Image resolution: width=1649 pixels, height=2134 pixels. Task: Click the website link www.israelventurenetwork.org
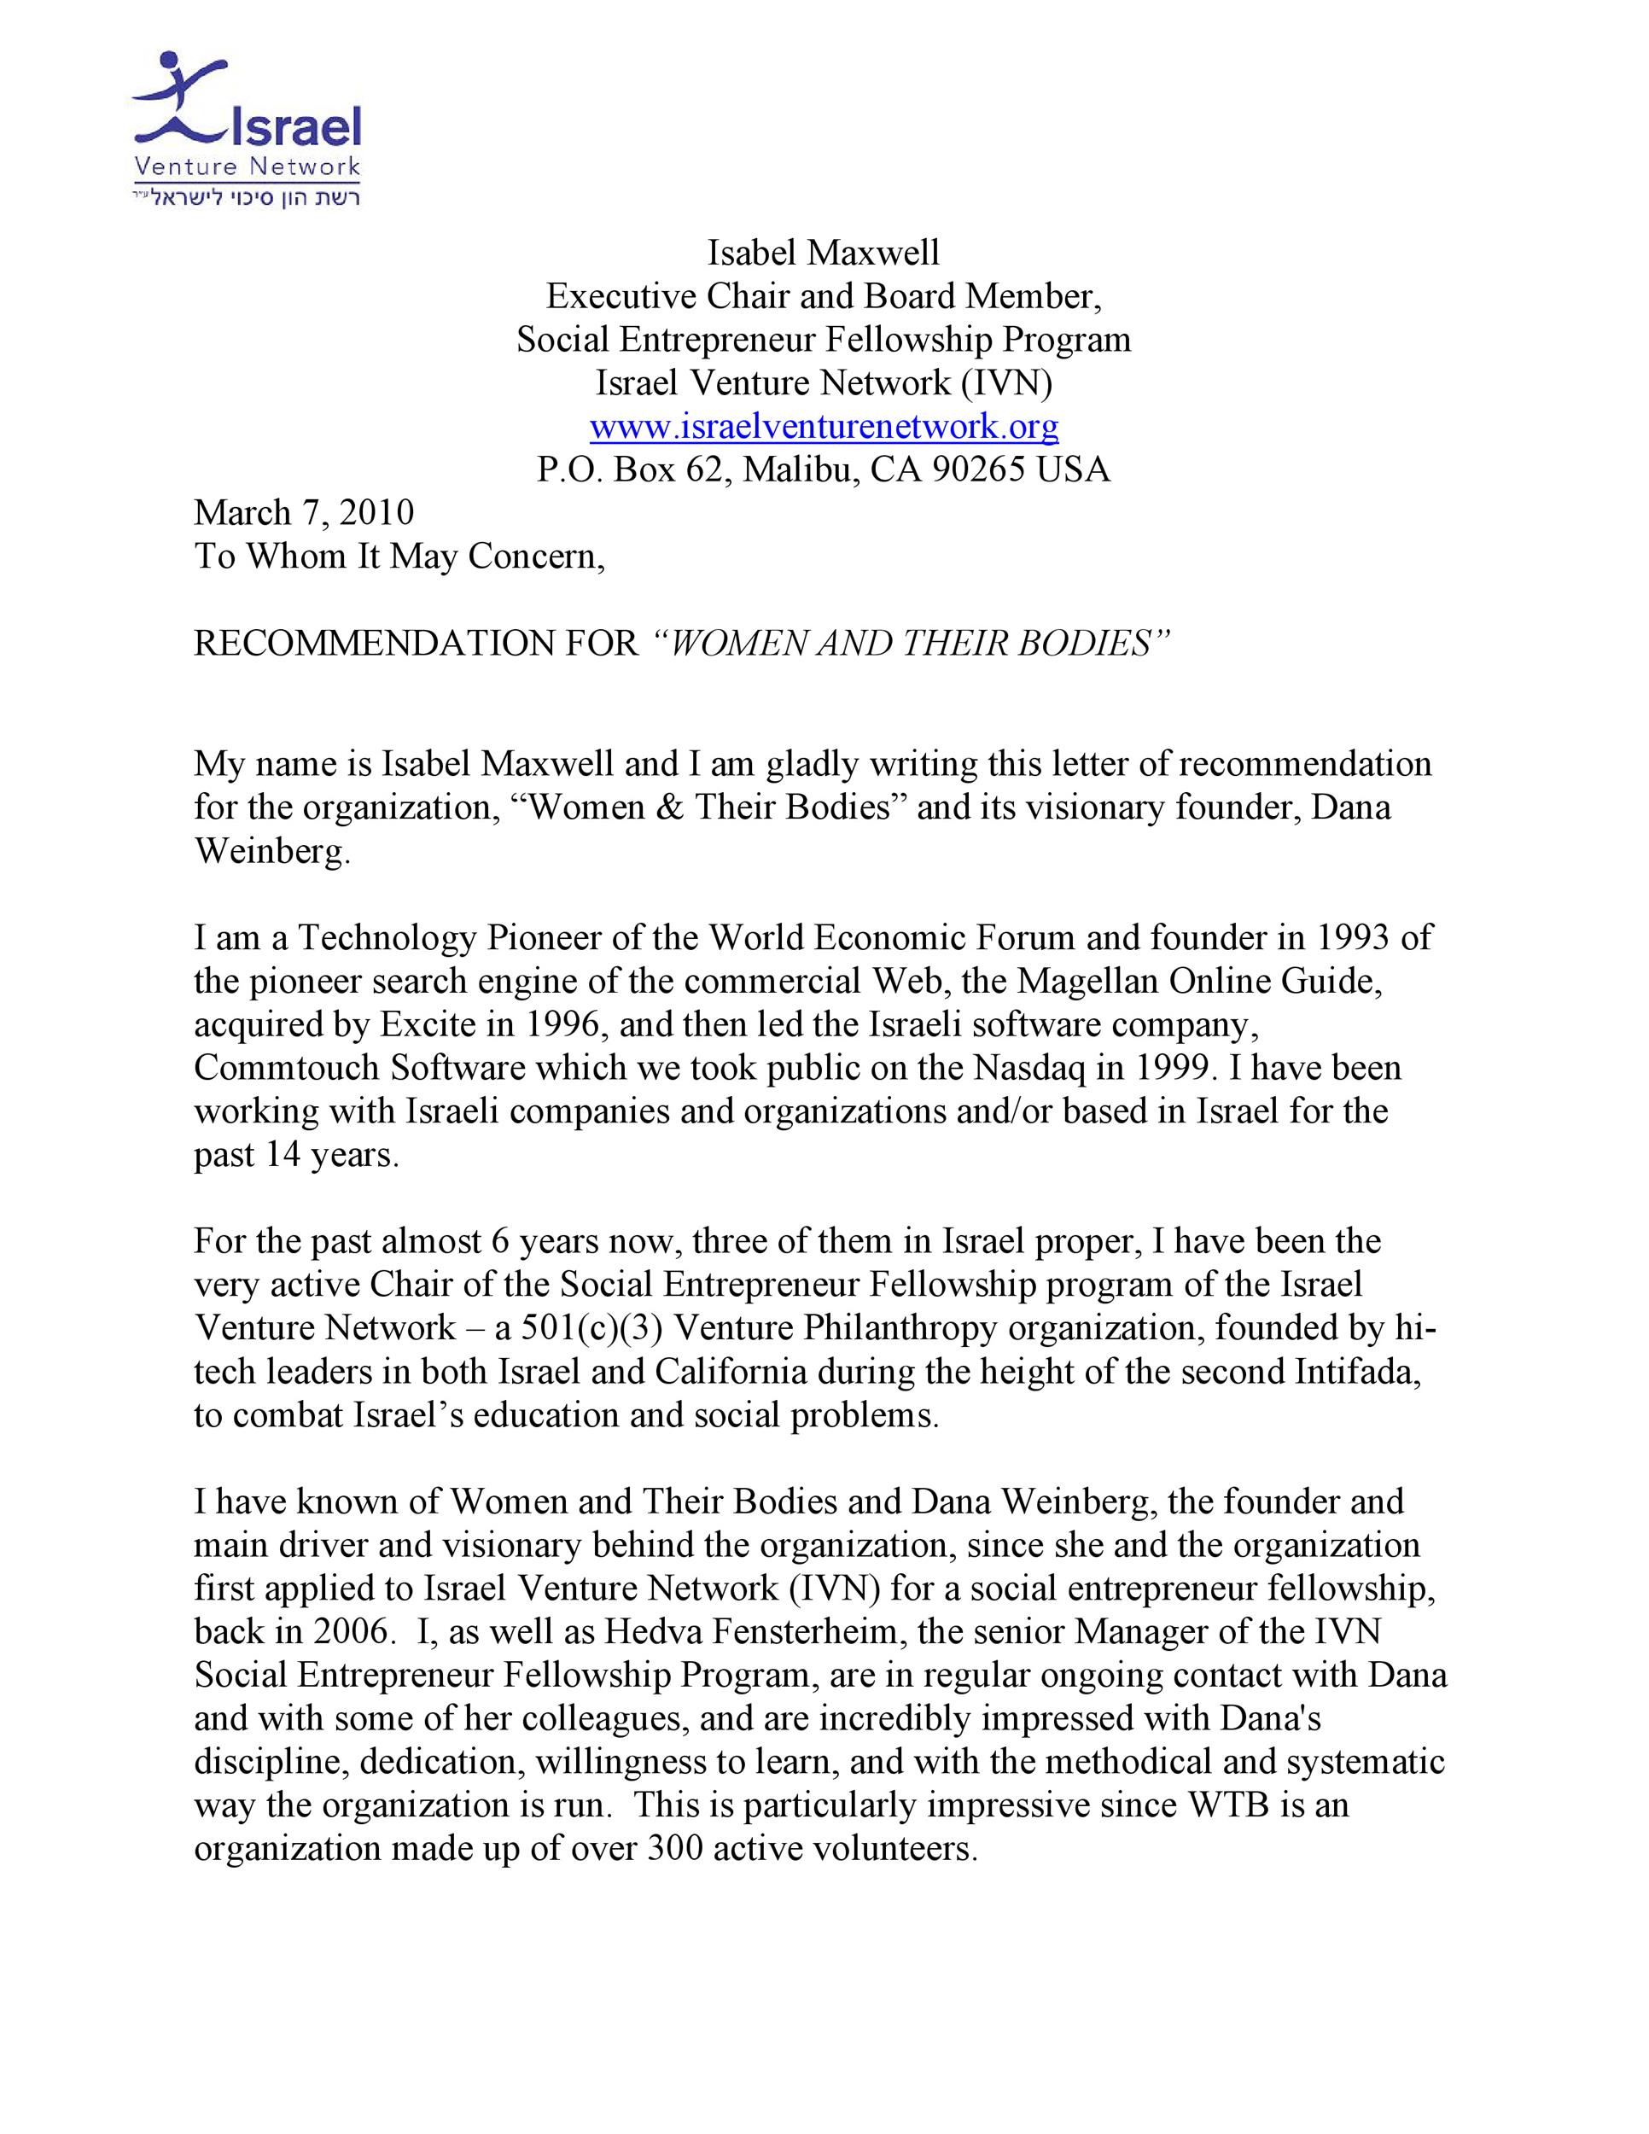point(824,426)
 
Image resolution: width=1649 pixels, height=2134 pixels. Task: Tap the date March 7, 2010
point(304,512)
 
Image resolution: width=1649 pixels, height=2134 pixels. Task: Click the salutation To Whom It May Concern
point(399,556)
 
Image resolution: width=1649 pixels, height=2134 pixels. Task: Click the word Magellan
point(1082,980)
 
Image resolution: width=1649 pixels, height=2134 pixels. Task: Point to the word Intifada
point(1358,1372)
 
